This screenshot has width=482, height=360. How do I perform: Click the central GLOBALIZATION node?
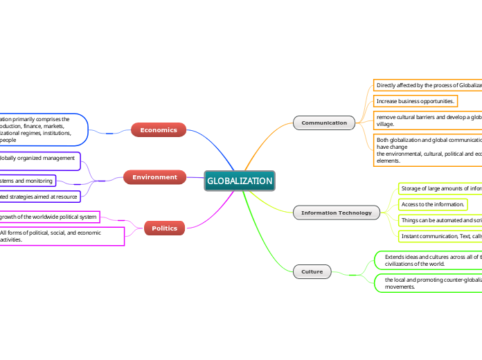coord(240,181)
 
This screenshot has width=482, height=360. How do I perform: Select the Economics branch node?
coord(158,129)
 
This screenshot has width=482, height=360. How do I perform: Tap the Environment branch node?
coord(154,177)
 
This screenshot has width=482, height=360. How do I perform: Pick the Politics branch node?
coord(164,228)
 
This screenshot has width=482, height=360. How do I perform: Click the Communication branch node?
coord(324,123)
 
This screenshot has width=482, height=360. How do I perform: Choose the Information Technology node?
coord(336,213)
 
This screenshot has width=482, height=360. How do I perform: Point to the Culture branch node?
coord(312,271)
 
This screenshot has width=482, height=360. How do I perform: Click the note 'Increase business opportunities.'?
coord(416,101)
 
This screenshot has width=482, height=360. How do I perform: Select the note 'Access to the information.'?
coord(433,204)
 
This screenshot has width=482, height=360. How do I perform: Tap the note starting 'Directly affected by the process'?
coord(428,85)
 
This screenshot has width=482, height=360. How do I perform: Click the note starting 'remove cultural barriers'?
coord(428,120)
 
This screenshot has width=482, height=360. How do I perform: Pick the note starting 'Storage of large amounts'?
coord(440,188)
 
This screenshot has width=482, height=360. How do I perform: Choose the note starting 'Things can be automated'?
coord(440,220)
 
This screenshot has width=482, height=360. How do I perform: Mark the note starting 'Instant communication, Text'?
coord(440,236)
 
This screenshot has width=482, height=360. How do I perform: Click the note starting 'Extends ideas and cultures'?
coord(429,260)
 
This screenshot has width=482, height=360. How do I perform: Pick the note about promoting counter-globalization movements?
coord(429,282)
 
